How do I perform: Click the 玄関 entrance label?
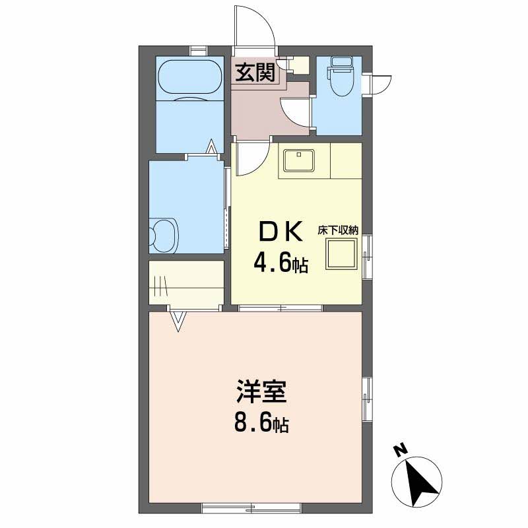pos(255,72)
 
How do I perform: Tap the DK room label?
pos(280,232)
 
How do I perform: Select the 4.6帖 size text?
pos(280,263)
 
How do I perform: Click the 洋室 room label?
pos(261,391)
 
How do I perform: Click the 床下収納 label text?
pos(338,230)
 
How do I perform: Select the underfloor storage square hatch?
pos(341,253)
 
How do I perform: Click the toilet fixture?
pos(341,76)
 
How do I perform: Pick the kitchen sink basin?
pos(298,160)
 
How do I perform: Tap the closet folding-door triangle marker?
pos(178,321)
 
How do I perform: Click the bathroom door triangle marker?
pos(211,147)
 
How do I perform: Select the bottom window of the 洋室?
pos(251,508)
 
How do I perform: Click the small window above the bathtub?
pos(198,51)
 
